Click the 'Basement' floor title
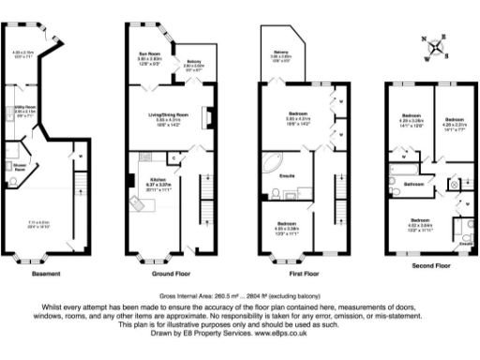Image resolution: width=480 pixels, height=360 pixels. click(47, 274)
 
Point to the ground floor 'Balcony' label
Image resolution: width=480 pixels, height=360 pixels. click(193, 61)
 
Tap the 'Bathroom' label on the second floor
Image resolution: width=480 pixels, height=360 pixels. click(413, 185)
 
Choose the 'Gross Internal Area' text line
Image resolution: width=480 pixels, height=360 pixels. click(240, 294)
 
